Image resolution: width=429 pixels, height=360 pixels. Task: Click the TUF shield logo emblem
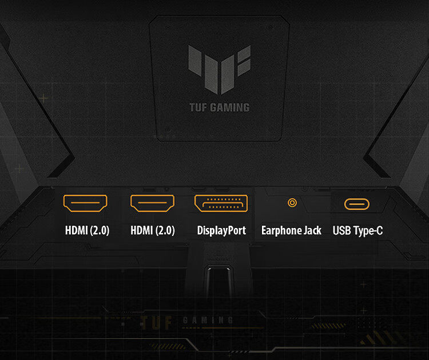pyautogui.click(x=219, y=70)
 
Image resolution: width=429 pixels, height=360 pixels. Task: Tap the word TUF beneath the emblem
pyautogui.click(x=198, y=107)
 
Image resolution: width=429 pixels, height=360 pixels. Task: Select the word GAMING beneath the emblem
pyautogui.click(x=230, y=107)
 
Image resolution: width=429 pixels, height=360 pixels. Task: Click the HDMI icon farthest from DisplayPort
pyautogui.click(x=85, y=203)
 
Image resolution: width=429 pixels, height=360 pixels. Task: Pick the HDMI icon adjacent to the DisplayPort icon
pyautogui.click(x=152, y=203)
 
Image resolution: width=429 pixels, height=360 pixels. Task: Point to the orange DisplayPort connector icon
pyautogui.click(x=221, y=203)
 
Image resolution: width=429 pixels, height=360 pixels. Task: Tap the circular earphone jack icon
pyautogui.click(x=292, y=203)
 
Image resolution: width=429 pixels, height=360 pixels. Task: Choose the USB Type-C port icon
pyautogui.click(x=357, y=204)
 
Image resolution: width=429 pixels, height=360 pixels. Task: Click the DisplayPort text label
pyautogui.click(x=221, y=230)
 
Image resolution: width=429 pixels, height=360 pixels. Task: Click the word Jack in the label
pyautogui.click(x=312, y=230)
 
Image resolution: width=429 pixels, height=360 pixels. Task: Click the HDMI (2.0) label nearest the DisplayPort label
pyautogui.click(x=152, y=230)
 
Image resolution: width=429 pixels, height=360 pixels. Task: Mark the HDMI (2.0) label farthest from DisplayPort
pyautogui.click(x=87, y=230)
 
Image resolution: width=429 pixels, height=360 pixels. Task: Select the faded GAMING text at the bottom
pyautogui.click(x=208, y=320)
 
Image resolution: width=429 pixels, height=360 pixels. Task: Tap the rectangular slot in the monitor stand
pyautogui.click(x=219, y=282)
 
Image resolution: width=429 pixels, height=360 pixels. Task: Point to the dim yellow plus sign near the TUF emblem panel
pyautogui.click(x=43, y=98)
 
